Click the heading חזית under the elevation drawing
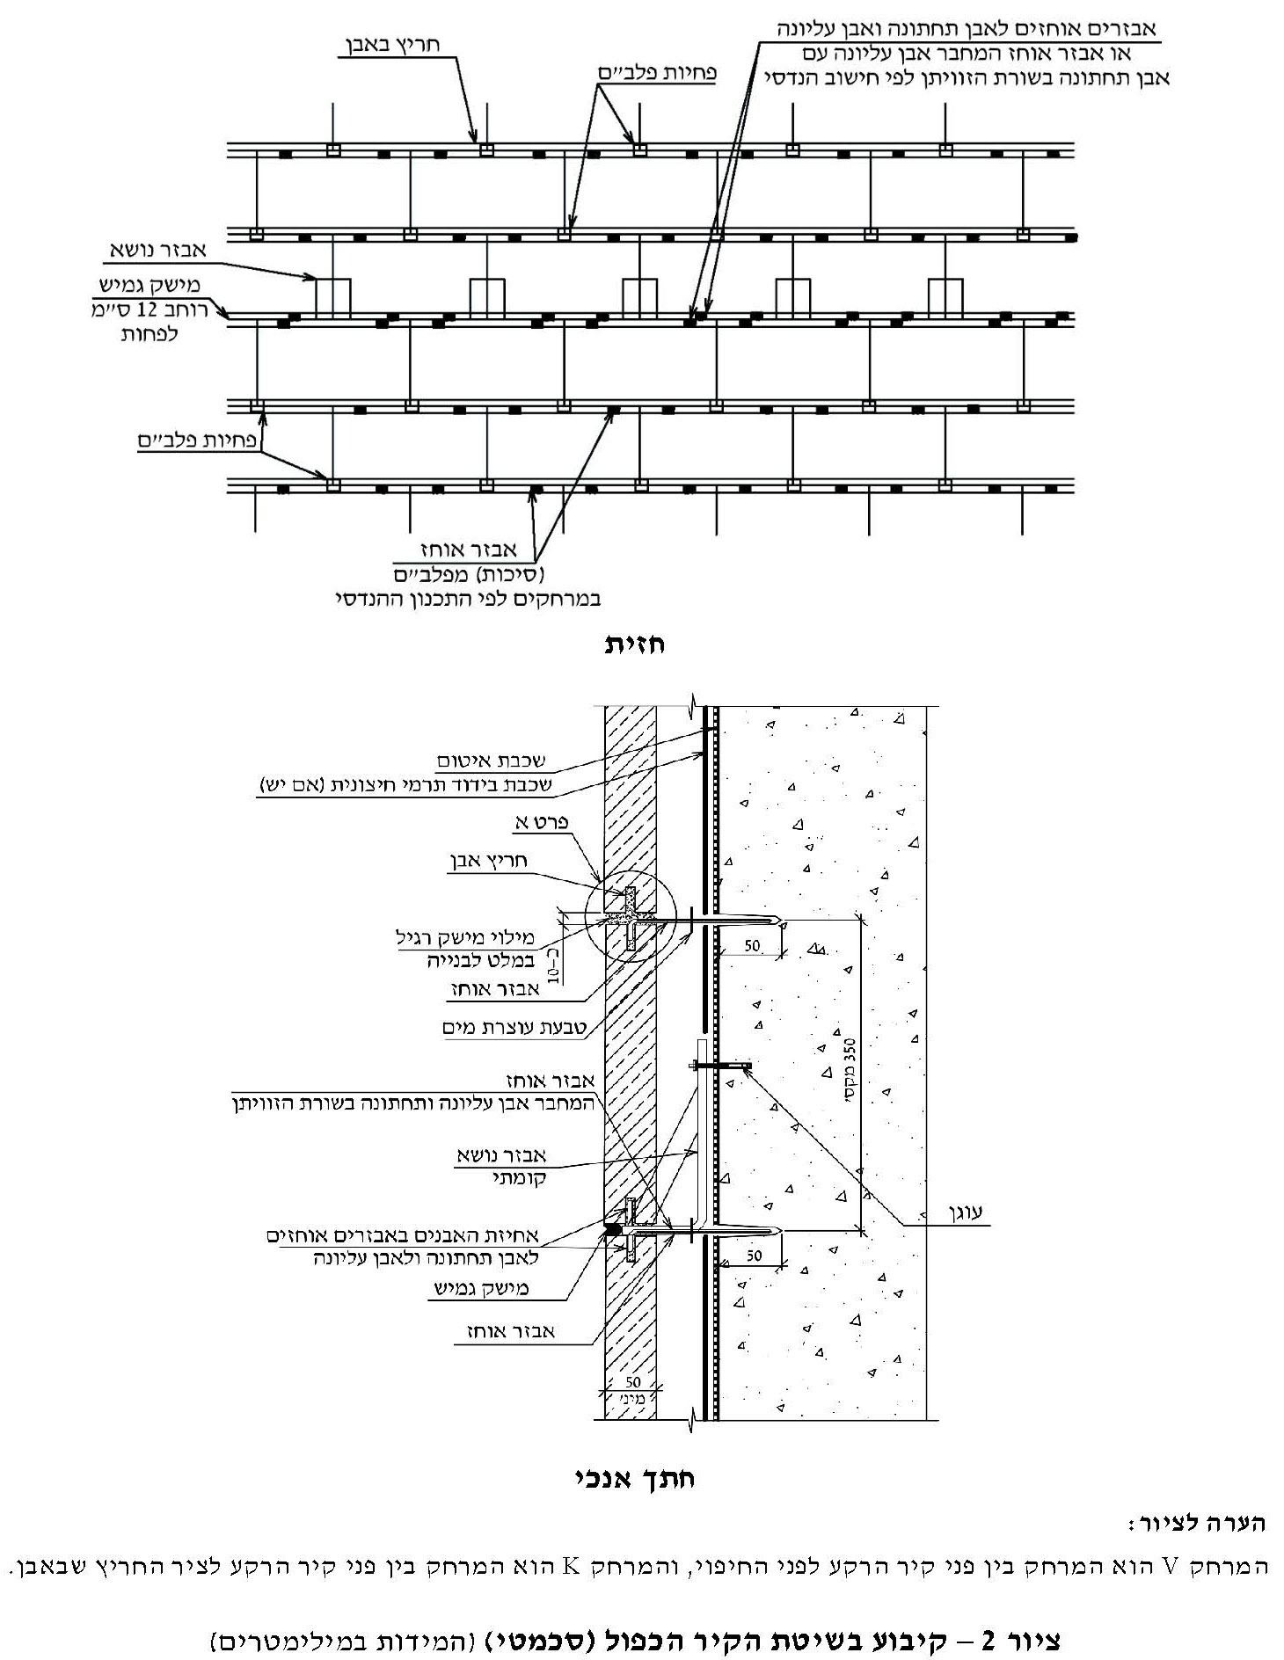tap(634, 644)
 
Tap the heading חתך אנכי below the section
tap(634, 1478)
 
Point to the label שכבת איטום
tap(490, 760)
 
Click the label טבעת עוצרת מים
tap(517, 1027)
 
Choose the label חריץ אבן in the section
tap(487, 863)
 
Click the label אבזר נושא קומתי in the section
tap(501, 1166)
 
